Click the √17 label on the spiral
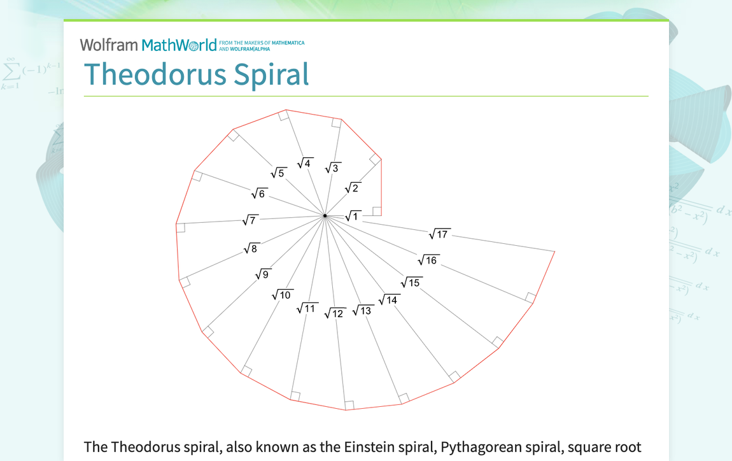439,234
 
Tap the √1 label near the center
353,216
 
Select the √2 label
352,188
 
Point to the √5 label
278,173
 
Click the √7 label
250,220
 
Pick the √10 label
282,295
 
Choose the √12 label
335,313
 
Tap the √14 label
389,300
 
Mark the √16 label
428,260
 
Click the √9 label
262,274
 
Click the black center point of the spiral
325,216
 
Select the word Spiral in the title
271,74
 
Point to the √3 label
332,168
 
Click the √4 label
305,163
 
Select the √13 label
362,310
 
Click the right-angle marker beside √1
377,211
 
